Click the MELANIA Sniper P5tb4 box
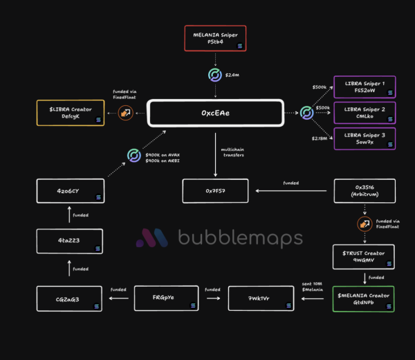pyautogui.click(x=215, y=38)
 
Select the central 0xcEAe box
pyautogui.click(x=215, y=112)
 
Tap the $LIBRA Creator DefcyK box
pyautogui.click(x=71, y=112)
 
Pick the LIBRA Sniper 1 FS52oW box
pyautogui.click(x=365, y=87)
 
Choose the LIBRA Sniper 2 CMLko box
pyautogui.click(x=365, y=112)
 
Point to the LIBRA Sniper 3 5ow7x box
pyautogui.click(x=365, y=137)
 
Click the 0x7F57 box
pyautogui.click(x=215, y=190)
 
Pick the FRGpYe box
pyautogui.click(x=164, y=298)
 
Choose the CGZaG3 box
pyautogui.click(x=71, y=298)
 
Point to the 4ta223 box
pyautogui.click(x=71, y=241)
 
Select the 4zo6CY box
pyautogui.click(x=71, y=190)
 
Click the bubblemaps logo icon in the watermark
pyautogui.click(x=152, y=239)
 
